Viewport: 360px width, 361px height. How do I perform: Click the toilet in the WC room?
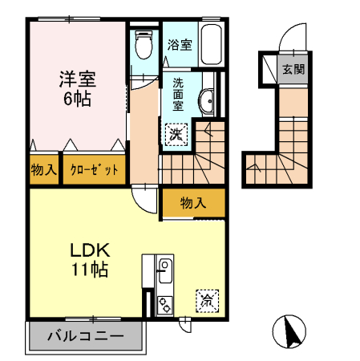click(144, 44)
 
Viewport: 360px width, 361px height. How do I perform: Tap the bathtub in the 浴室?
click(211, 44)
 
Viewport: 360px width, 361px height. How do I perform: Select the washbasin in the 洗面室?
click(207, 101)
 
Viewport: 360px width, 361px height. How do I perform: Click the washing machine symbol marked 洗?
click(176, 135)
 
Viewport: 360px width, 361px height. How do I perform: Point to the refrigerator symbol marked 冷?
click(207, 301)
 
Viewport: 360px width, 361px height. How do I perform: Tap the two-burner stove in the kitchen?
click(165, 305)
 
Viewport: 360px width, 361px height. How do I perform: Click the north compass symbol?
click(289, 331)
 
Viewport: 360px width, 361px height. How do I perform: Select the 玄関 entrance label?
click(293, 70)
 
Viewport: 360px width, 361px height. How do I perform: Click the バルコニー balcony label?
click(86, 336)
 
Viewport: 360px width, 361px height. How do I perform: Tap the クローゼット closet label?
click(94, 170)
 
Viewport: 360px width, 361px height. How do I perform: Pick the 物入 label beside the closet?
click(44, 169)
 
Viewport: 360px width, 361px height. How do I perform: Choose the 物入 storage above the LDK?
click(193, 203)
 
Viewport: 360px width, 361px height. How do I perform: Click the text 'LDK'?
click(90, 250)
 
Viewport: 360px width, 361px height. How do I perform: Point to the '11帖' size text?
click(90, 270)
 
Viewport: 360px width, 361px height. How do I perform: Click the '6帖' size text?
click(77, 99)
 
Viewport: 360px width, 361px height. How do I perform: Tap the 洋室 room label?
click(78, 79)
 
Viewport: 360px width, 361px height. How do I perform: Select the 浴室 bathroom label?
click(180, 45)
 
